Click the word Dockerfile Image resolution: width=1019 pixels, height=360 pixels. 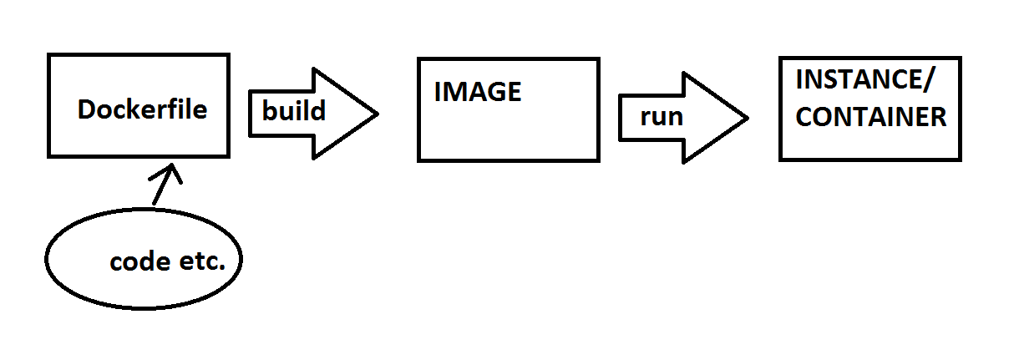(x=142, y=109)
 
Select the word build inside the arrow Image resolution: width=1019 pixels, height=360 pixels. (x=293, y=111)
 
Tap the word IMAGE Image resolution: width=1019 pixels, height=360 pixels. (x=478, y=92)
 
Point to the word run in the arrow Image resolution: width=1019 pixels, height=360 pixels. (x=662, y=116)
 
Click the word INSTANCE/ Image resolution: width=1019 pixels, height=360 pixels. (x=866, y=81)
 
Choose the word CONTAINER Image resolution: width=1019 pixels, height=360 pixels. (x=871, y=117)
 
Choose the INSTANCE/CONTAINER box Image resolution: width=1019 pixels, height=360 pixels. (x=869, y=144)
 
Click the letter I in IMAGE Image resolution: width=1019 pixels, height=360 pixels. (x=438, y=92)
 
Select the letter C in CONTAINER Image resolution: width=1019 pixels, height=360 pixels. (x=804, y=117)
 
